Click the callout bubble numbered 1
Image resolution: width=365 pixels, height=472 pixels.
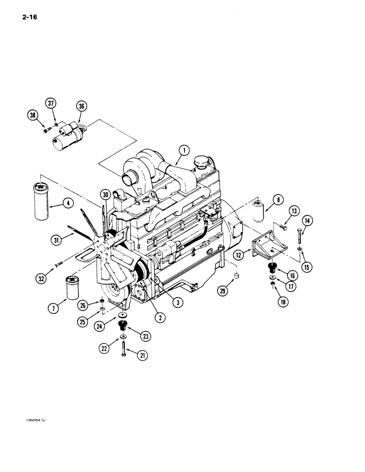pos(184,150)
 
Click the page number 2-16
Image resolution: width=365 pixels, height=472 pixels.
pos(28,18)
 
